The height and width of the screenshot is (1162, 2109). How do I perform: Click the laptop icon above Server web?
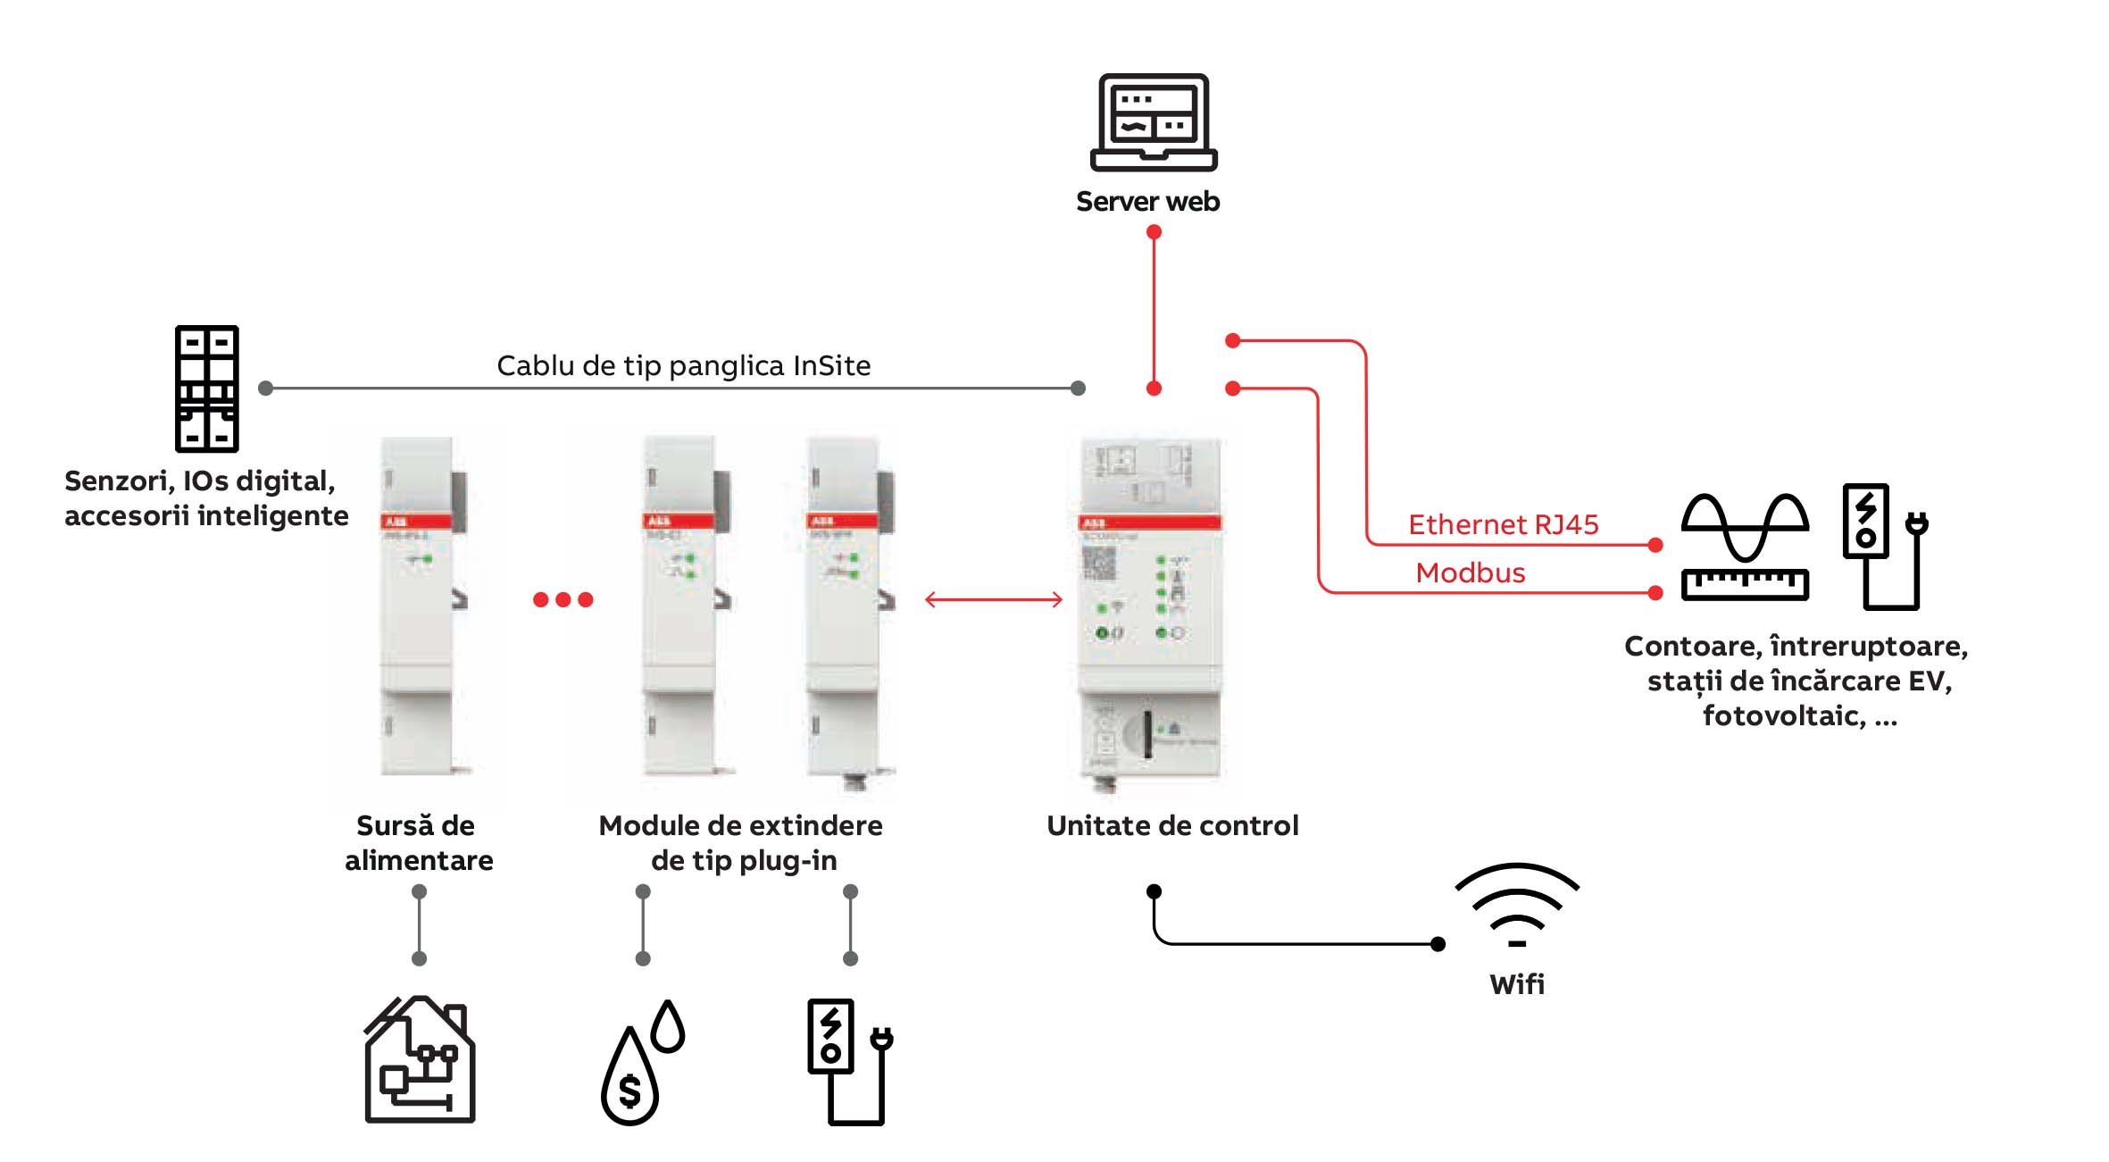tap(1154, 122)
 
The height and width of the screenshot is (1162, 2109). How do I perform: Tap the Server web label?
tap(1147, 202)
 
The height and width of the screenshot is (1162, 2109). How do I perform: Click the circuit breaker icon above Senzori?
tap(207, 389)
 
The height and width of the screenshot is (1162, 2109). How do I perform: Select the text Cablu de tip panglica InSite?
tap(683, 365)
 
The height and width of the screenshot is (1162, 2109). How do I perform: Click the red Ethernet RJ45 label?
tap(1503, 524)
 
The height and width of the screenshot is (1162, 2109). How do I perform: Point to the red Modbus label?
tap(1470, 573)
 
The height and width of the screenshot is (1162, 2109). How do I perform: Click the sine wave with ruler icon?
tap(1745, 547)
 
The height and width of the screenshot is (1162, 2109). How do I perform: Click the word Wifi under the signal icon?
tap(1516, 984)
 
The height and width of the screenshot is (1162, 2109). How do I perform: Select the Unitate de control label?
tap(1172, 825)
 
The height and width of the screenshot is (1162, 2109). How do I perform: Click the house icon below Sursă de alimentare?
tap(420, 1060)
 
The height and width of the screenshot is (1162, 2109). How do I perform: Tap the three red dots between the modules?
tap(563, 599)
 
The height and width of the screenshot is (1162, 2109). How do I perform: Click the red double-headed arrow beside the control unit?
tap(994, 599)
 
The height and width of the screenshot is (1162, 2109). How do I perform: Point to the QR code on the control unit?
tap(1099, 564)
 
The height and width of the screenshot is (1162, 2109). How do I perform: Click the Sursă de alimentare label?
tap(418, 842)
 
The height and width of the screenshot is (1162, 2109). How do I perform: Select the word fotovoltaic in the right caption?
tap(1783, 715)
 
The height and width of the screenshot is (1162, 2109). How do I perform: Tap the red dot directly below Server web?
tap(1154, 232)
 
